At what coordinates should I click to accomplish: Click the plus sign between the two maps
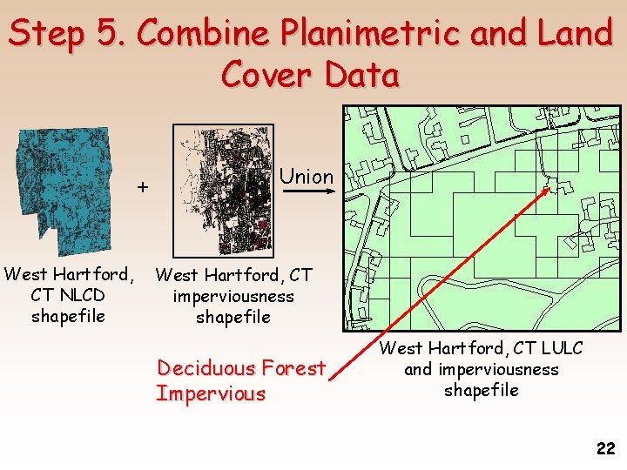tap(144, 186)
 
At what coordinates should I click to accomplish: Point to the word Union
tap(307, 177)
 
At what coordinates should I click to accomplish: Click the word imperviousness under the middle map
tap(233, 297)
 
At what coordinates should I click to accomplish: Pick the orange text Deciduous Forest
tap(240, 368)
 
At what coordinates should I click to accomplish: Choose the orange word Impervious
tap(211, 393)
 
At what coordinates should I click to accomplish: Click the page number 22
tap(605, 449)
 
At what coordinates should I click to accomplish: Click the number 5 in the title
tap(111, 35)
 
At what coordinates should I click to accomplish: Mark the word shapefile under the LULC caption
tap(482, 390)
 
